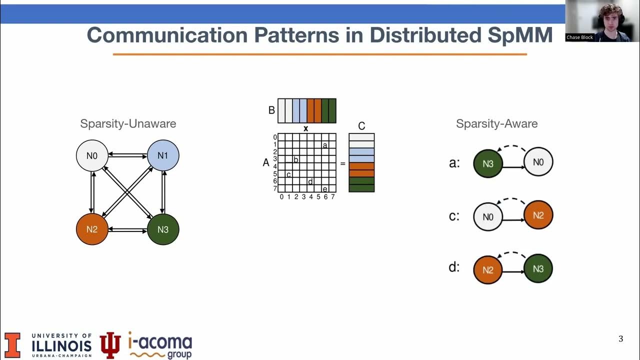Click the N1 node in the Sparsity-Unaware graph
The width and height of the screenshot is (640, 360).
(163, 155)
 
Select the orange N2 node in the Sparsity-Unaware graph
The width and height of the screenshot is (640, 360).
(92, 229)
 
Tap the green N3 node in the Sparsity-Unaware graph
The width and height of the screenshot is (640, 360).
(163, 229)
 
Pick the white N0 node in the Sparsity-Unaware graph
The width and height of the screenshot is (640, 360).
(92, 155)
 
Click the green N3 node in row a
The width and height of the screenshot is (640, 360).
(488, 163)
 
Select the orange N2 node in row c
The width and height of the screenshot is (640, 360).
(538, 215)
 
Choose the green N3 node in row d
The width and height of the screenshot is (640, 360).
(538, 268)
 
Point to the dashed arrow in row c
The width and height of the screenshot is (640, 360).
(513, 201)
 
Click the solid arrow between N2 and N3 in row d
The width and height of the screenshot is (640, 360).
(513, 272)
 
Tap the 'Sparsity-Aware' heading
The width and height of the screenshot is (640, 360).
(496, 123)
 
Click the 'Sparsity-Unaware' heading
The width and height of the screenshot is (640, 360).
(128, 123)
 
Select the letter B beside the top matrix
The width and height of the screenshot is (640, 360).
(271, 110)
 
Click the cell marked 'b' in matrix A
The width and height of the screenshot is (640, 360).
(296, 159)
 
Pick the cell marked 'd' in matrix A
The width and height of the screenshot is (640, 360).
(310, 181)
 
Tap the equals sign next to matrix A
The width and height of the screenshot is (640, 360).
(342, 163)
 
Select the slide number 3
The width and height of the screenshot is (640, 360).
(620, 339)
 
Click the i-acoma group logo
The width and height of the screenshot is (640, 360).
(160, 345)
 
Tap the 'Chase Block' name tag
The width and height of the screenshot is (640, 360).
(579, 37)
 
